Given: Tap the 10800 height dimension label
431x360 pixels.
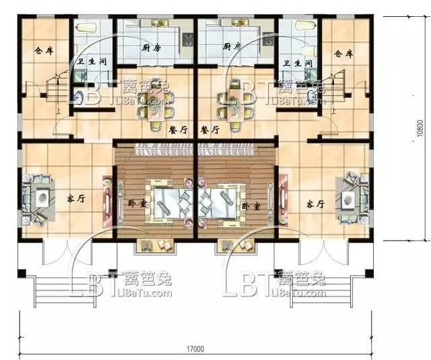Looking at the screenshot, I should tap(420, 126).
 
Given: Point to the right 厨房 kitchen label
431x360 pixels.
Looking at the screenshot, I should tap(232, 47).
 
